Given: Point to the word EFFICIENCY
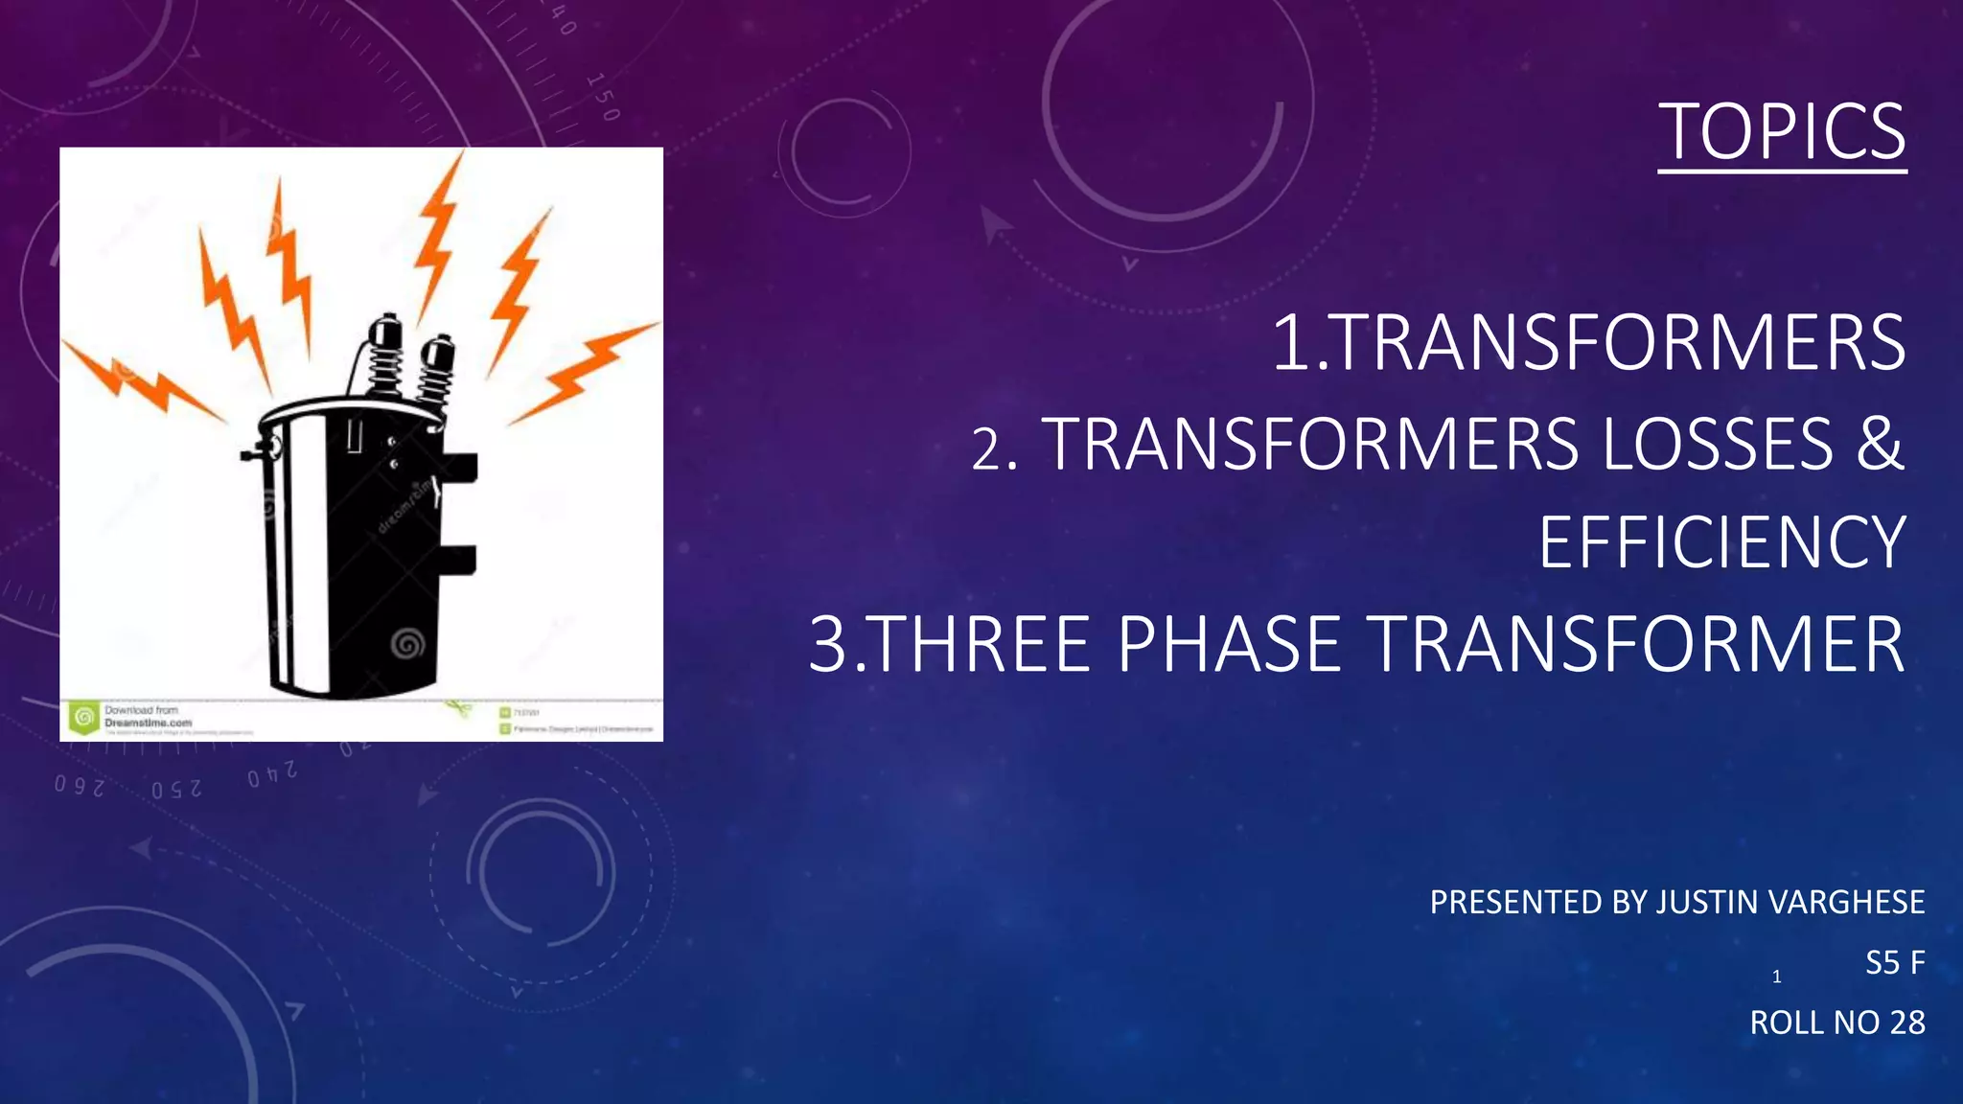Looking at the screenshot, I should (x=1721, y=543).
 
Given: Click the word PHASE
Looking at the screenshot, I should (x=1229, y=644).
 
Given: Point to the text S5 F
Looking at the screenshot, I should (x=1894, y=963).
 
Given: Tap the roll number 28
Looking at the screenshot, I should (x=1906, y=1023).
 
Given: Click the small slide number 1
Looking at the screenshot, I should (x=1776, y=977).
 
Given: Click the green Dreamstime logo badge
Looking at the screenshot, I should (x=84, y=717).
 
